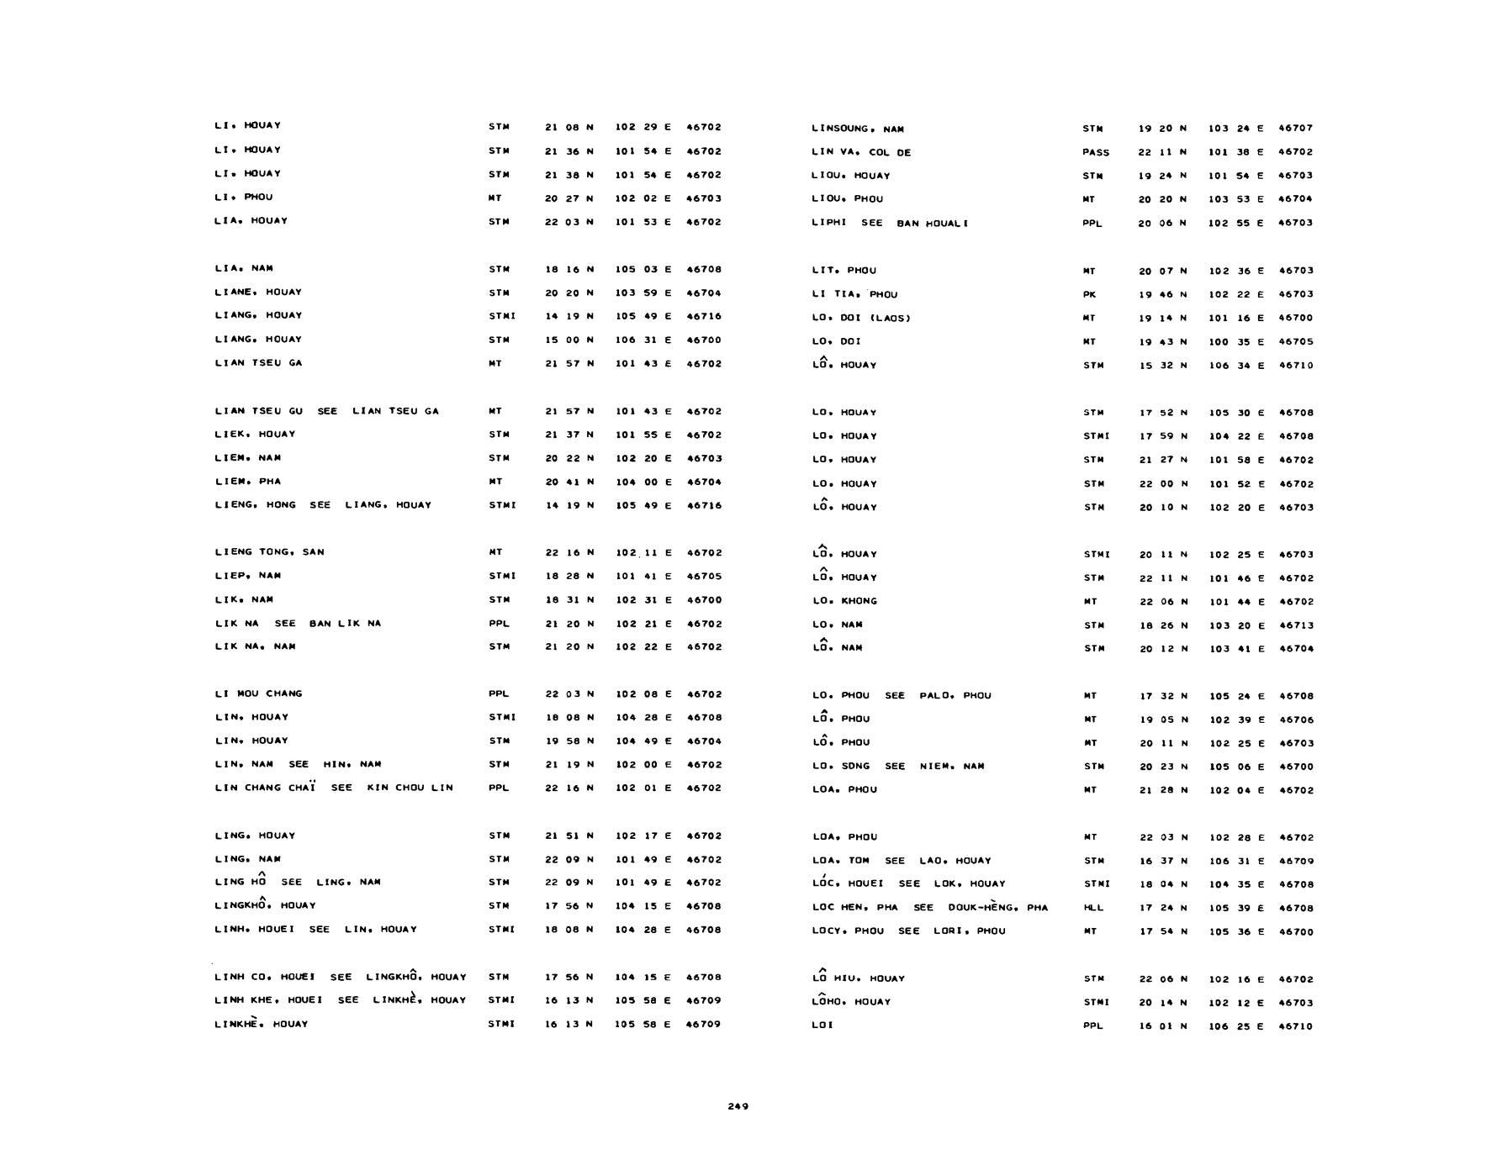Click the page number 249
pos(738,1106)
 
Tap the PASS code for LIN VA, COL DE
pos(1096,152)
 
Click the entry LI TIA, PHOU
pos(854,294)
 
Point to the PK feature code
pos(1089,294)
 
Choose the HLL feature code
pos(1092,908)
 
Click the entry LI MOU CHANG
pos(258,693)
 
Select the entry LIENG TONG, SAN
pos(269,552)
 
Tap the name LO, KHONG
pos(844,601)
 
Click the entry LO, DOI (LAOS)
pos(861,318)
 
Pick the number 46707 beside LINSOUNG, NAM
pos(1295,129)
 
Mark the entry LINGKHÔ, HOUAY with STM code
pos(265,905)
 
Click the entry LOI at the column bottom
pos(822,1026)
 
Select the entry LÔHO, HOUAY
pos(850,1001)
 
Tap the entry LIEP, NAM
pos(247,576)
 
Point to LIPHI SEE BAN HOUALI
pos(890,223)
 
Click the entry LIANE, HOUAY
pos(257,292)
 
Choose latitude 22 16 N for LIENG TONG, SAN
pos(569,552)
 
